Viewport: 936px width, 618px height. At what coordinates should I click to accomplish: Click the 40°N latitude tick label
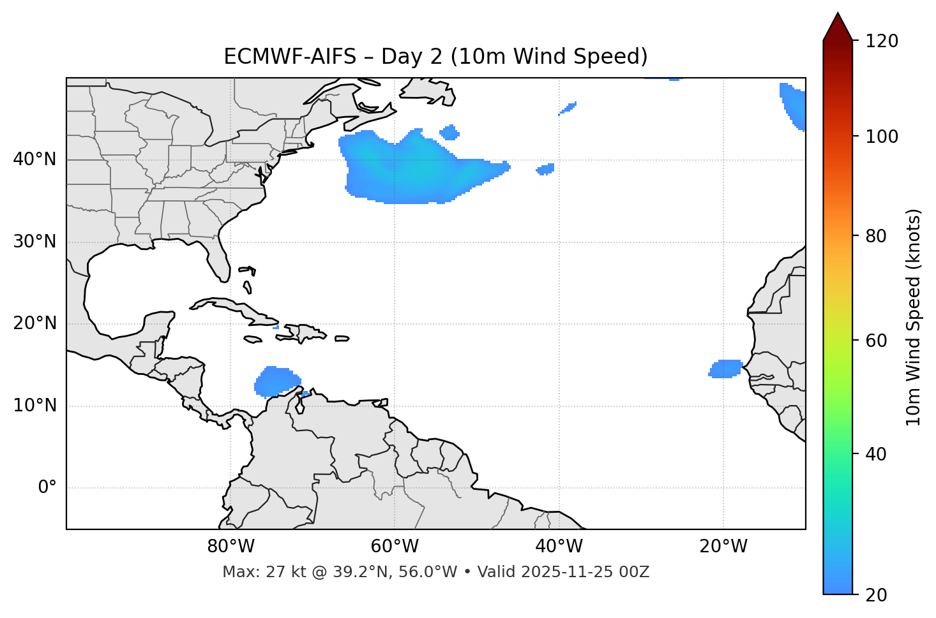click(34, 159)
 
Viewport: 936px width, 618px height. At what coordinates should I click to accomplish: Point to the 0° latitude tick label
click(47, 488)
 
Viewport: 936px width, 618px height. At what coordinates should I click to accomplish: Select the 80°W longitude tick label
click(230, 547)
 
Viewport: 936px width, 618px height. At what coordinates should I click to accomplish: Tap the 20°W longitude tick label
click(723, 547)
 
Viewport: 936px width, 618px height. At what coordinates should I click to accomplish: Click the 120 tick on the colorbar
click(882, 41)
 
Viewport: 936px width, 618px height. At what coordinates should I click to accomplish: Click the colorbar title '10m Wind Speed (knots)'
click(914, 317)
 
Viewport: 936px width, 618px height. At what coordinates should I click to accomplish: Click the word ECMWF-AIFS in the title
click(290, 57)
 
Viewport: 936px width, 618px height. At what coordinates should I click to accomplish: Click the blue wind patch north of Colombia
click(276, 381)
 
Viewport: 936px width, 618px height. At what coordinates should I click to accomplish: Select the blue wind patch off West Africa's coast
click(726, 369)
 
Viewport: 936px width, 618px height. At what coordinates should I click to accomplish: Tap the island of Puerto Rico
click(342, 339)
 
